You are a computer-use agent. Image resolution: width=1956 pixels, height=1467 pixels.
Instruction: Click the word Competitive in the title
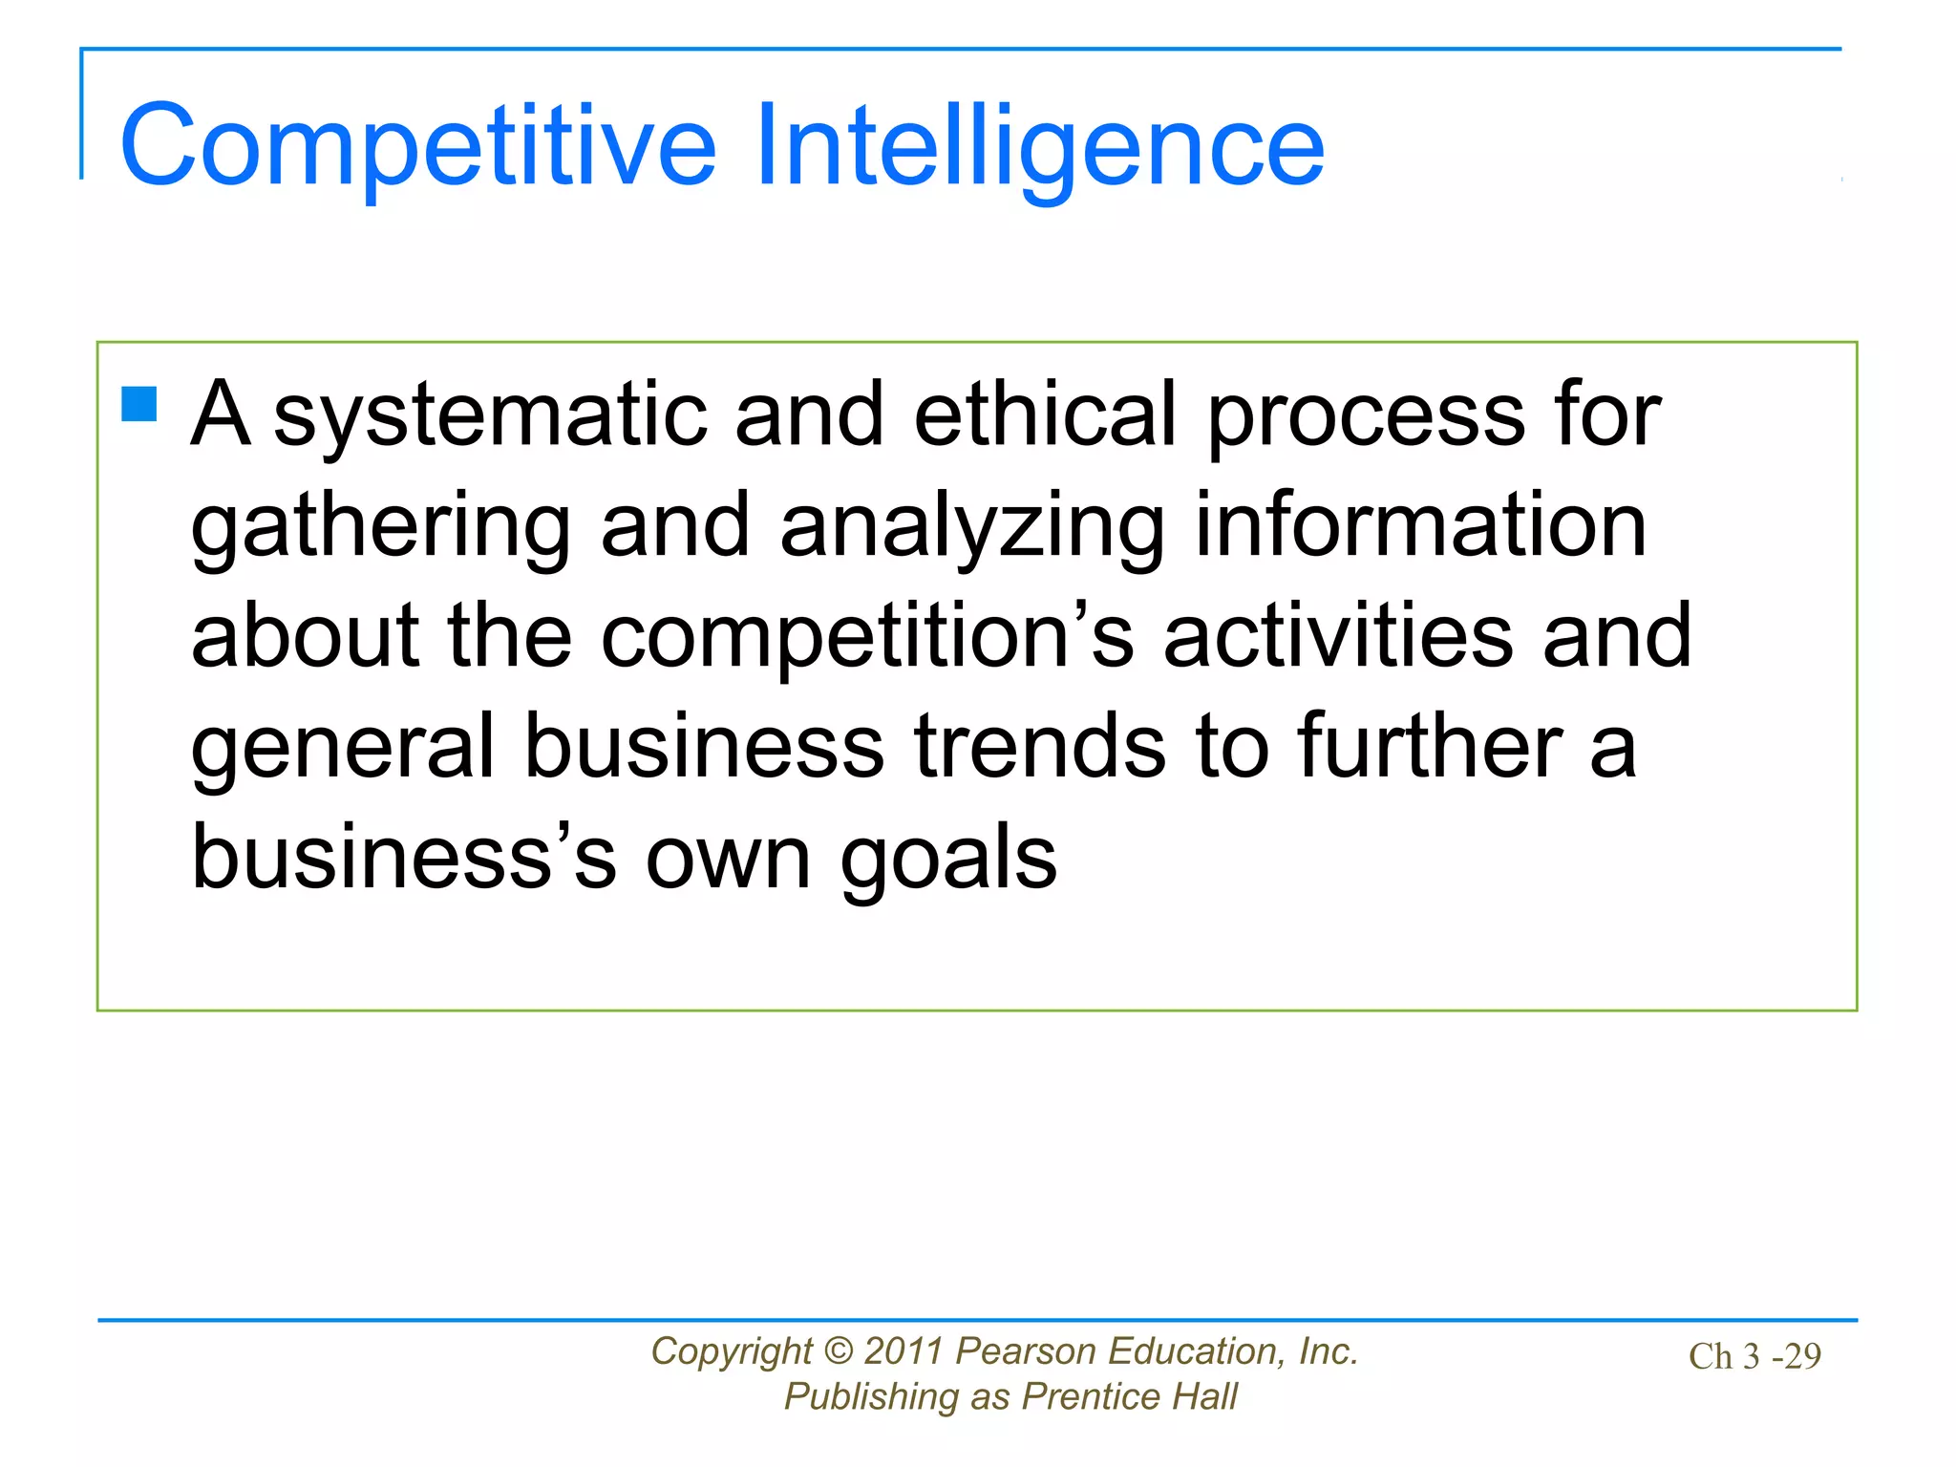(417, 145)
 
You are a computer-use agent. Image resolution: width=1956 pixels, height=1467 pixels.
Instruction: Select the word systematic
(490, 415)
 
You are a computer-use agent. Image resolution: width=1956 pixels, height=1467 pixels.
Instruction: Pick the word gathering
(380, 527)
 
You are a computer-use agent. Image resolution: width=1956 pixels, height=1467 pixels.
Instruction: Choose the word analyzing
(972, 527)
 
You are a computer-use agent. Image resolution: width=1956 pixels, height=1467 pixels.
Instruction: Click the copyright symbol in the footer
(838, 1351)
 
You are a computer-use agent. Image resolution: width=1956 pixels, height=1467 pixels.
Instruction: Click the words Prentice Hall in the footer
(1129, 1396)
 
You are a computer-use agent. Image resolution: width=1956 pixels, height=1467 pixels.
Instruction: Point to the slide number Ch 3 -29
(1754, 1356)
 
